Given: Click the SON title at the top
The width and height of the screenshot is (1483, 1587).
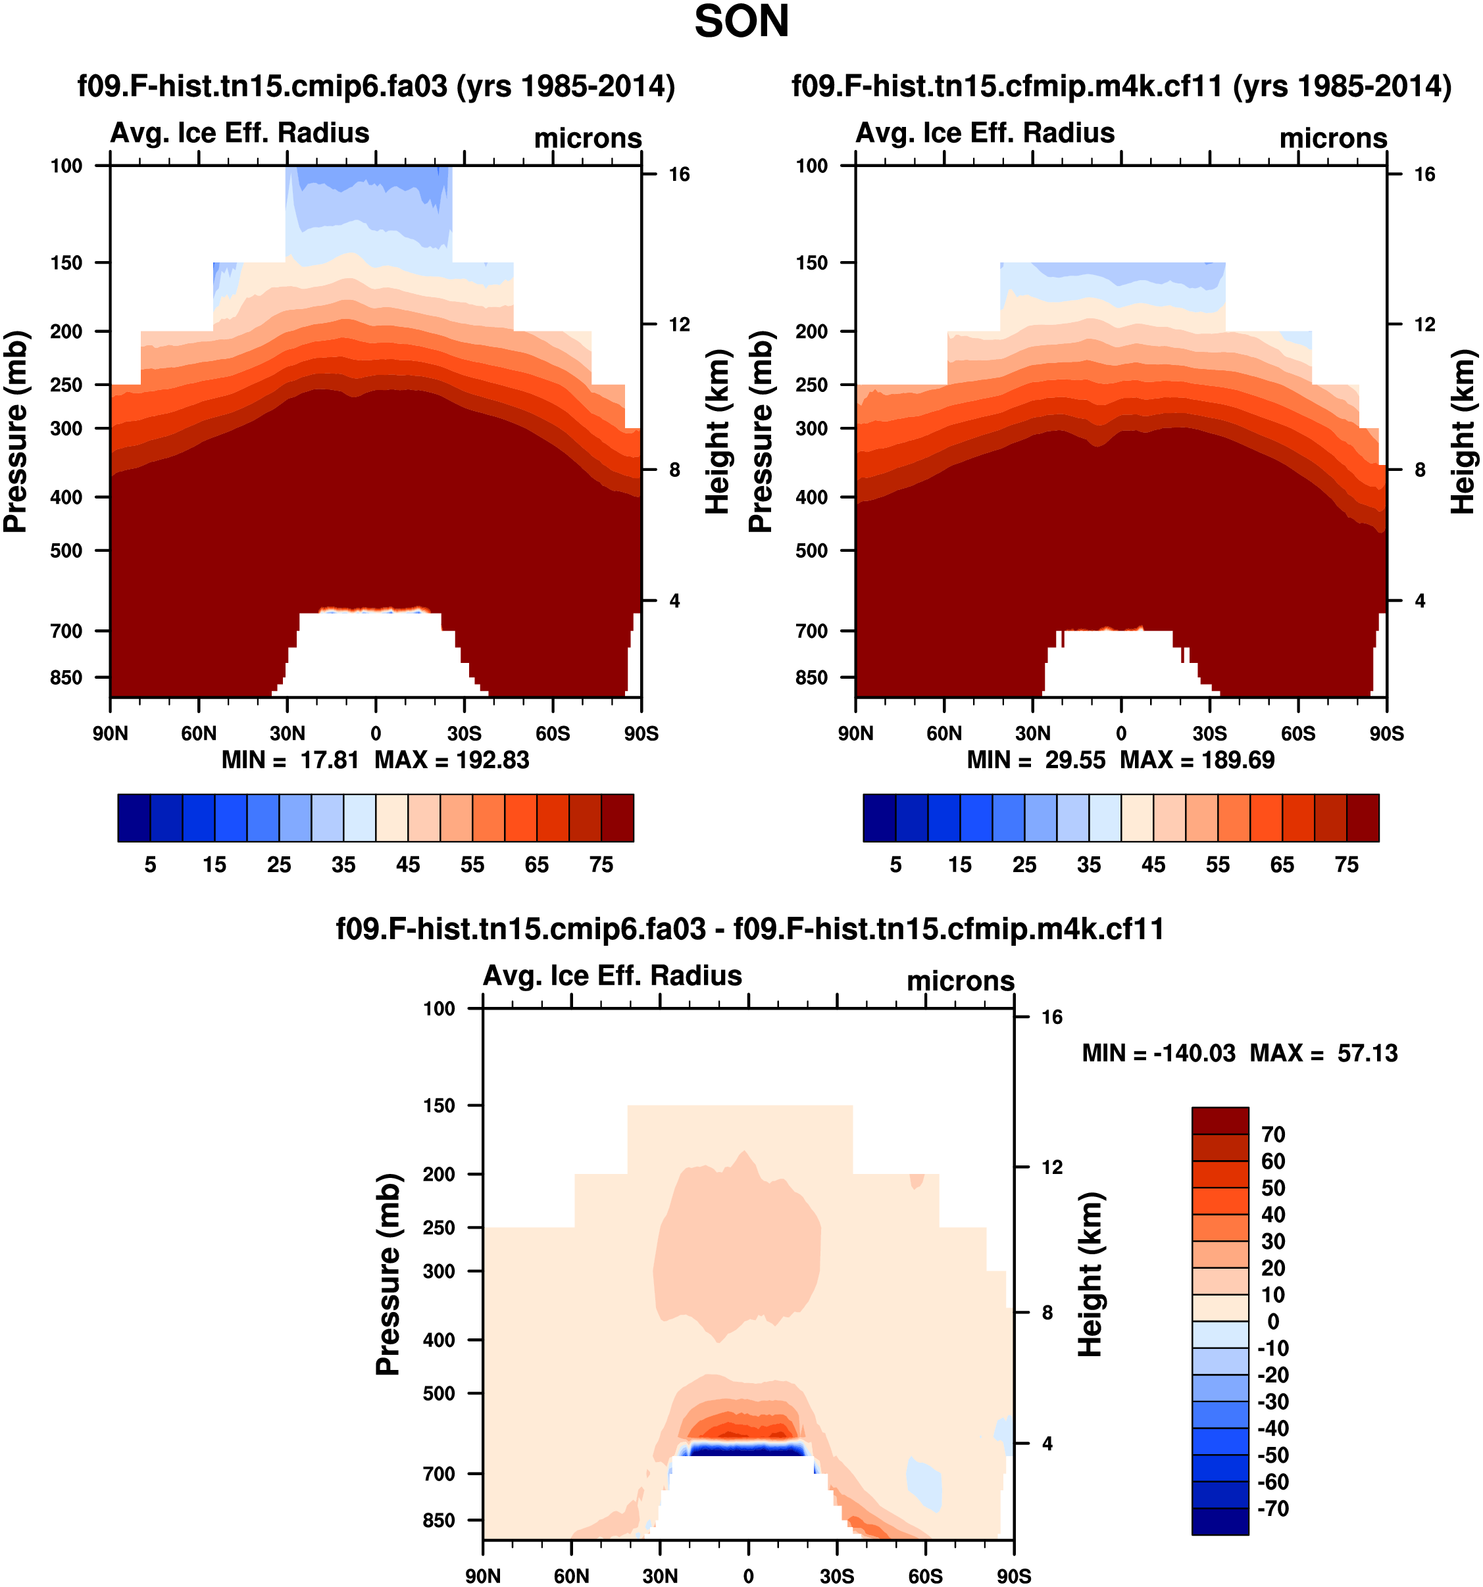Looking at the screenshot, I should coord(741,22).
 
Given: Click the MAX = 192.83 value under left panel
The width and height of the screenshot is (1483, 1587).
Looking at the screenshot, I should coord(452,760).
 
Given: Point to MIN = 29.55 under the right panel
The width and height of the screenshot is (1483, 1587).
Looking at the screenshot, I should coord(1036,760).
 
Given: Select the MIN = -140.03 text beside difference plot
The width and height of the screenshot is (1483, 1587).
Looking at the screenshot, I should coord(1158,1054).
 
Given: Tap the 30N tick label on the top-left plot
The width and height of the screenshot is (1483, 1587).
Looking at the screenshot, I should coord(287,733).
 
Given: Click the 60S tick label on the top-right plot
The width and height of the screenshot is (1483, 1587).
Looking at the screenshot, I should coord(1297,733).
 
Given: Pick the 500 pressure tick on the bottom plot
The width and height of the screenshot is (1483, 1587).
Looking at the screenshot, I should coord(440,1393).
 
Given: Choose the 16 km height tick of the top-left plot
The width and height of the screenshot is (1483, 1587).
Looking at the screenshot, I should coord(679,175).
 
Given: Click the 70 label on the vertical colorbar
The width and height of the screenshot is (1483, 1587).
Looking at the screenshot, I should coord(1273,1135).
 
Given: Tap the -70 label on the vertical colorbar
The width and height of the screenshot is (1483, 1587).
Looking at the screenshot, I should coord(1272,1508).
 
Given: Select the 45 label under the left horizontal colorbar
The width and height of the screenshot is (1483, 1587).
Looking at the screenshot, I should coord(408,865).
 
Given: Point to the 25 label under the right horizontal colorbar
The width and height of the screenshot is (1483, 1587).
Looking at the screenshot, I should coord(1024,865).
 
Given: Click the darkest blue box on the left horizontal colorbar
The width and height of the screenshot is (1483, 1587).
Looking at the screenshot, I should coord(134,818).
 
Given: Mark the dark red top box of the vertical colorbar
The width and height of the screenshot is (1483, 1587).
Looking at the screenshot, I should coord(1219,1121).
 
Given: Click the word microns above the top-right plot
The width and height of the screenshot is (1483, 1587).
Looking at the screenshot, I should coord(1333,139).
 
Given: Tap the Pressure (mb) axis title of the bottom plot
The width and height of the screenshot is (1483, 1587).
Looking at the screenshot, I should coord(388,1274).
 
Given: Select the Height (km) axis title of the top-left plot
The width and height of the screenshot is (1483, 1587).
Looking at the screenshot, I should coord(718,432).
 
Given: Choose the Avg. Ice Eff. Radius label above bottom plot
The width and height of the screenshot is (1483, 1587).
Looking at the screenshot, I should coord(613,975).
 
